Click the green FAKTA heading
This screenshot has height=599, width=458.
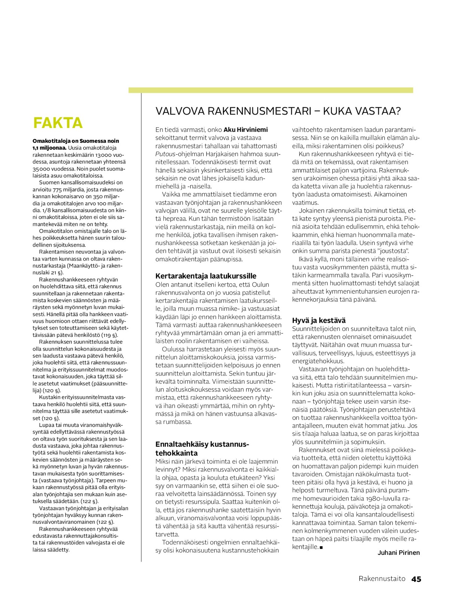pos(58,123)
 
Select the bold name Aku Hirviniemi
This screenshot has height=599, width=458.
pos(245,130)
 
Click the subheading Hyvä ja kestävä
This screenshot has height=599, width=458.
pos(319,320)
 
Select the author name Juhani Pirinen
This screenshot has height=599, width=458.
pos(399,553)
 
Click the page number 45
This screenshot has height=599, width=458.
pos(416,579)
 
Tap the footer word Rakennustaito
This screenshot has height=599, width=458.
pos(382,579)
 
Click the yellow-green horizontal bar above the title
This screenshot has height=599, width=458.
pos(271,90)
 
